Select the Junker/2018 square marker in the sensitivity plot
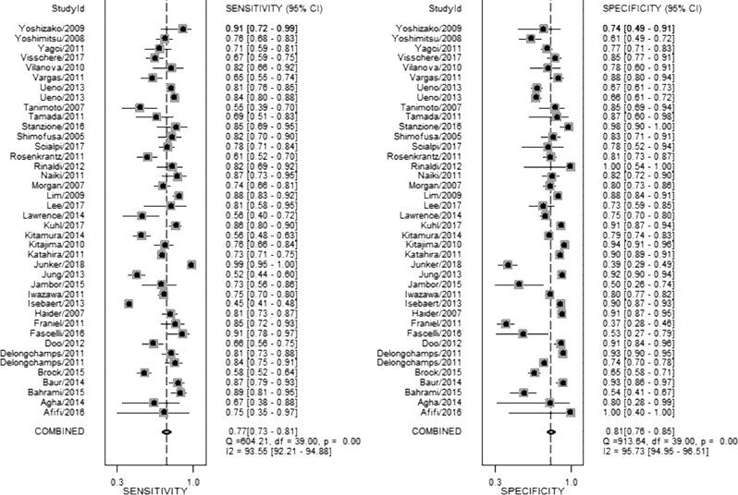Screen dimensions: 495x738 191,264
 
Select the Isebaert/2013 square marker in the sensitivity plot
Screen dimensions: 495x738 129,303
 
